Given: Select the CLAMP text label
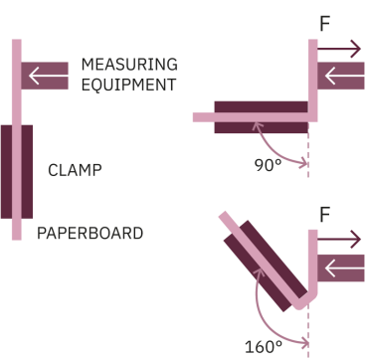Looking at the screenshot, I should click(x=75, y=169).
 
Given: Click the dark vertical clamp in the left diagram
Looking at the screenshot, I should click(x=17, y=170).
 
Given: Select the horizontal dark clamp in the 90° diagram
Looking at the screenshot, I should click(x=261, y=116).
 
